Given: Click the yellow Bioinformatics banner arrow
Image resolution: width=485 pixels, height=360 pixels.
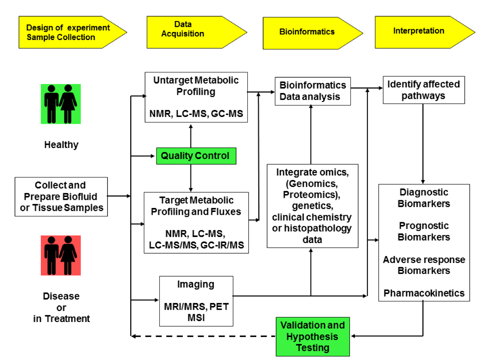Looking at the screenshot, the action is click(312, 33).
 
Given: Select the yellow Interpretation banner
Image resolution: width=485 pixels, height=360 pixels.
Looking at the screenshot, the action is click(424, 32).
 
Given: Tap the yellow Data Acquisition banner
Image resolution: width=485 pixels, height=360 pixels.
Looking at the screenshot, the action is click(196, 32).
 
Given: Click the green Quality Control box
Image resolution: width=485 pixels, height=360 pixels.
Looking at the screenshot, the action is click(196, 156).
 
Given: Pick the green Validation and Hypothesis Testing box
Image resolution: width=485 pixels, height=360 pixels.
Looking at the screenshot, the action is click(312, 337).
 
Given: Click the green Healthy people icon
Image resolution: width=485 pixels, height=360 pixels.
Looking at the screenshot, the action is click(61, 104).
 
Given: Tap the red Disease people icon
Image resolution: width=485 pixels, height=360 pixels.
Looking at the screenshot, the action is click(61, 255).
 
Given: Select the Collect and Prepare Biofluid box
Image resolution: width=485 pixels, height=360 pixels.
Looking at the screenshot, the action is click(61, 197).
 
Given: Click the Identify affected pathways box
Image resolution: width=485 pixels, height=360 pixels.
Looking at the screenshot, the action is click(424, 90).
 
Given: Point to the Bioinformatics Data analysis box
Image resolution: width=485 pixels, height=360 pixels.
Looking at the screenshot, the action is click(312, 91).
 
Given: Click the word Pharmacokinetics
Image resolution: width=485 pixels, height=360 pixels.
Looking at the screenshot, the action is click(424, 293).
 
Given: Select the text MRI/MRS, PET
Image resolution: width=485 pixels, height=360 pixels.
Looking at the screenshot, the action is click(196, 306).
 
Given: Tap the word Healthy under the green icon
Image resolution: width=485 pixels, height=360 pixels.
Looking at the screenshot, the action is click(61, 145).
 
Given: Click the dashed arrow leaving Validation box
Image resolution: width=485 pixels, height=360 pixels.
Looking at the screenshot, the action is click(203, 336).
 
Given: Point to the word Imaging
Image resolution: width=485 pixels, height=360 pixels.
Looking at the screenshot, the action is click(196, 284).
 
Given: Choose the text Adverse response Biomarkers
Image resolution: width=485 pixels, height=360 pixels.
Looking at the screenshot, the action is click(424, 265).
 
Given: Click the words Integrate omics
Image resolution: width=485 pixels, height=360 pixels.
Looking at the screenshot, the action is click(312, 172).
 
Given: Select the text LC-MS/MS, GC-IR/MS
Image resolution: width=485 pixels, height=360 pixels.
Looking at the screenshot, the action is click(196, 245).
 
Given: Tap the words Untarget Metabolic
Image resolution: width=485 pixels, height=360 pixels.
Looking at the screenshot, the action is click(196, 80).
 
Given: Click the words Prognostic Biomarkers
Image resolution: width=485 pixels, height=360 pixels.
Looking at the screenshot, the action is click(424, 231).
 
